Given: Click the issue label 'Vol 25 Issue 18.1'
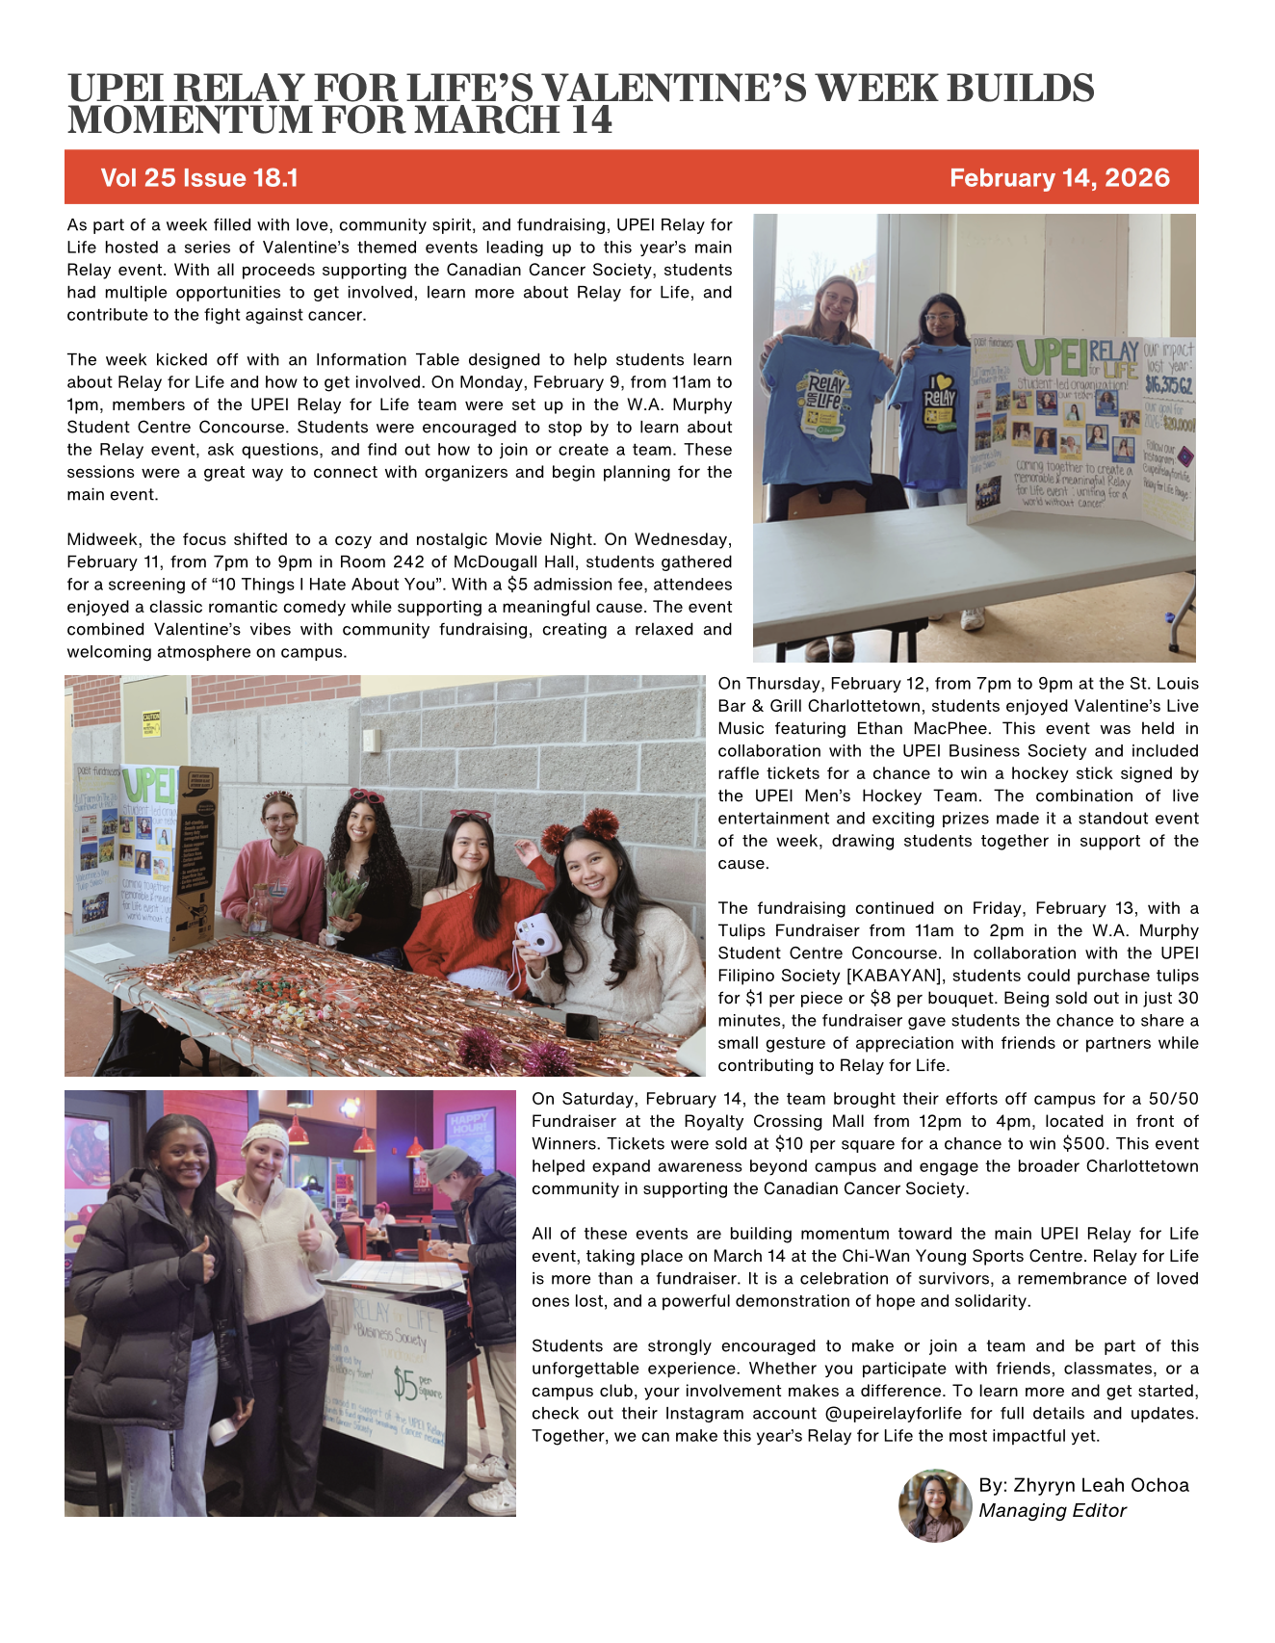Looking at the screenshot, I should [199, 178].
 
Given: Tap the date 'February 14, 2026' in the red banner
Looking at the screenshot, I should [1059, 178].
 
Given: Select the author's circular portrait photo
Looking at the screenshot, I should [935, 1504].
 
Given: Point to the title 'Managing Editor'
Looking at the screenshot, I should [1053, 1510].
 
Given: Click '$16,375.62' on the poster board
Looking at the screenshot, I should [1168, 385].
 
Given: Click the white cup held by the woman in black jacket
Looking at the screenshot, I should [223, 1431].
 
